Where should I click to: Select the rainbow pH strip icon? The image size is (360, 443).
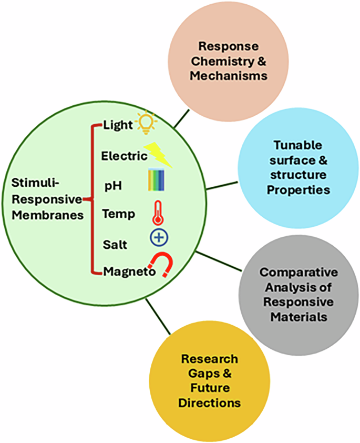click(x=157, y=180)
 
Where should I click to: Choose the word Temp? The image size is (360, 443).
click(x=119, y=214)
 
